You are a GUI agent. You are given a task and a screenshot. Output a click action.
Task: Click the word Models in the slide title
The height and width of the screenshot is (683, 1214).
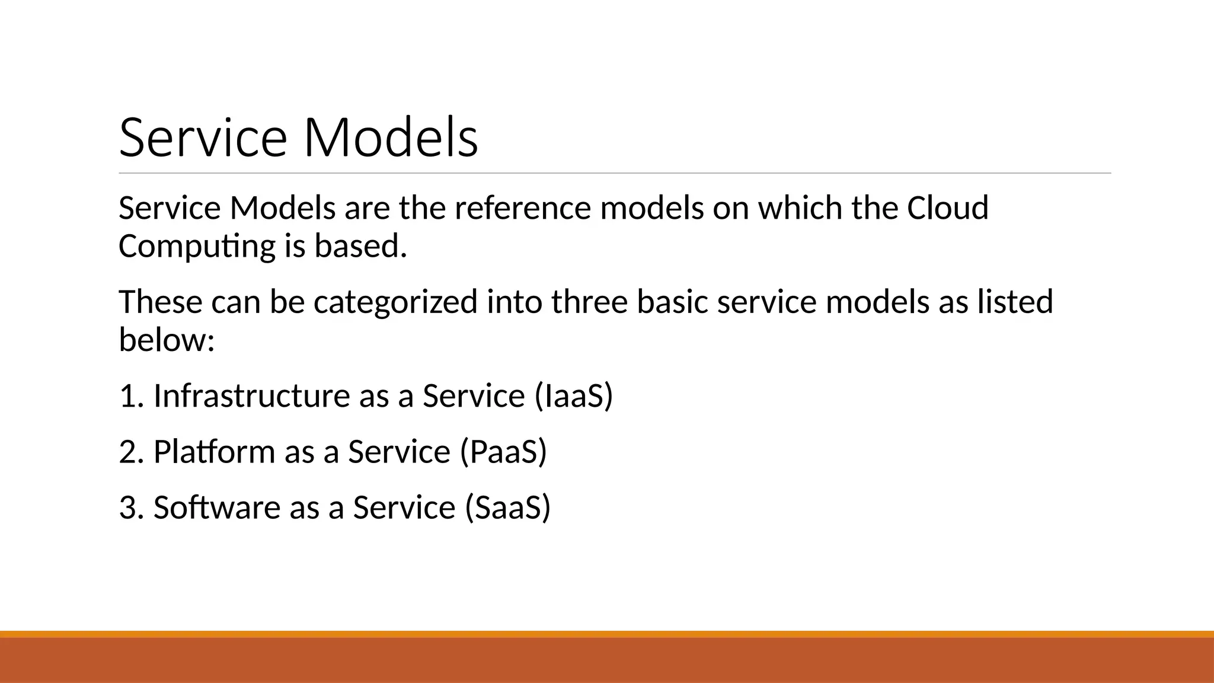391,138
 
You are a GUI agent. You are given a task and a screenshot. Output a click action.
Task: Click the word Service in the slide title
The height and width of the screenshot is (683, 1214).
203,138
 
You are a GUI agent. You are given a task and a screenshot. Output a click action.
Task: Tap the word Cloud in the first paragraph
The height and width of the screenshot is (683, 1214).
947,208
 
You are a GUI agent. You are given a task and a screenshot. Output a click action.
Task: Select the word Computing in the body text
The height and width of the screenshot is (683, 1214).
197,247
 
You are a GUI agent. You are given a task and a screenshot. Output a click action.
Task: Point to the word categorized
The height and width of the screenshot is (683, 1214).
395,302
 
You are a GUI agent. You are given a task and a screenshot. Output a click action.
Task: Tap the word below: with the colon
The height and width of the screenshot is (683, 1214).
167,340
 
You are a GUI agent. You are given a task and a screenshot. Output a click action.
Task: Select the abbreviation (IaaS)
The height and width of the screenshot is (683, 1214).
573,395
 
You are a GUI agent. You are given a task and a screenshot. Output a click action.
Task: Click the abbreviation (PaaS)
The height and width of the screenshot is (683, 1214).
503,452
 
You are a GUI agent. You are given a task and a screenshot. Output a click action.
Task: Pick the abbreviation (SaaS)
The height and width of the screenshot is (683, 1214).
507,508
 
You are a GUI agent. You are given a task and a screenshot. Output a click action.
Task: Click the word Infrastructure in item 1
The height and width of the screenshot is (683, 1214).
251,395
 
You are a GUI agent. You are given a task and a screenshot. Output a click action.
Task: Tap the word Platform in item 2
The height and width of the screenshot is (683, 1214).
214,452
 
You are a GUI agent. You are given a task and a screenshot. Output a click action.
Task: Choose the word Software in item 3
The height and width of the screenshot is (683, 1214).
216,508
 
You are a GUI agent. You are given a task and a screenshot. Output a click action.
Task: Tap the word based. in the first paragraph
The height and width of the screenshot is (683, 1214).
360,247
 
